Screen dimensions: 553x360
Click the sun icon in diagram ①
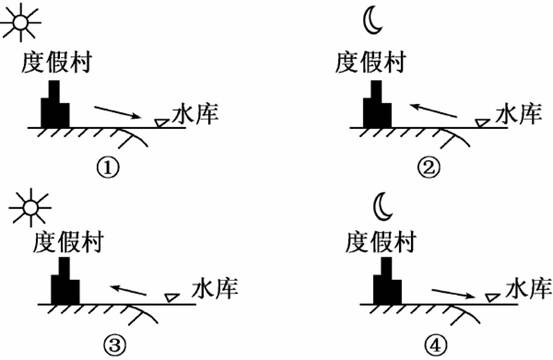tap(21, 23)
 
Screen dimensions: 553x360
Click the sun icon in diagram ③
tap(31, 208)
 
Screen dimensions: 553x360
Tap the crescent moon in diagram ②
tap(372, 22)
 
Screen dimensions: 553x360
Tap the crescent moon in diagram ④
tap(383, 207)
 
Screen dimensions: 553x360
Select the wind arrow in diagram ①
tap(117, 112)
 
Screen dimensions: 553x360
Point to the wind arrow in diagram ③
tap(128, 290)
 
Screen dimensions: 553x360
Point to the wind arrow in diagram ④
tap(454, 293)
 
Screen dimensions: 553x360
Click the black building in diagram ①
tap(55, 104)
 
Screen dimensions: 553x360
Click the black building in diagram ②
tap(377, 104)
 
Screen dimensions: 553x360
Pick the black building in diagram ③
tap(65, 281)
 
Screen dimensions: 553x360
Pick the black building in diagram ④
tap(387, 281)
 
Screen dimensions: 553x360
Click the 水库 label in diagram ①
tap(195, 114)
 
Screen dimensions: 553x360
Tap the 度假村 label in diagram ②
tap(370, 62)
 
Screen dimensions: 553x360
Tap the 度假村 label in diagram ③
tap(68, 242)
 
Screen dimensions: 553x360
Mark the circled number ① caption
tap(108, 168)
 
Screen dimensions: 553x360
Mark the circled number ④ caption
tap(435, 345)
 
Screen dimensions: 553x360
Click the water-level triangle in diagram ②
tap(482, 123)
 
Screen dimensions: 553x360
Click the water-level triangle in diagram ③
tap(172, 298)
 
